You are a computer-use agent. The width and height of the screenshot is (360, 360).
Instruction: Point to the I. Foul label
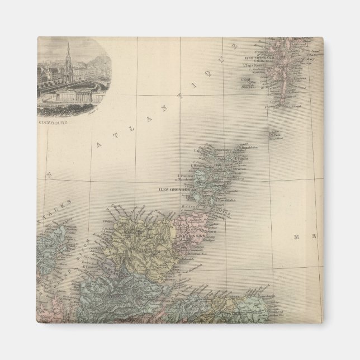point(247,79)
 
